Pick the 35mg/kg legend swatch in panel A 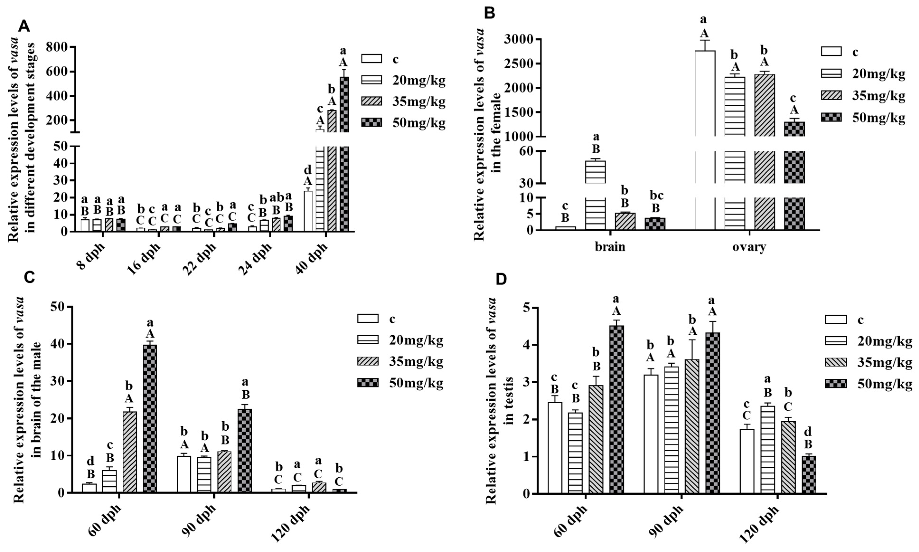pyautogui.click(x=371, y=101)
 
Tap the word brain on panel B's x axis pyautogui.click(x=610, y=247)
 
